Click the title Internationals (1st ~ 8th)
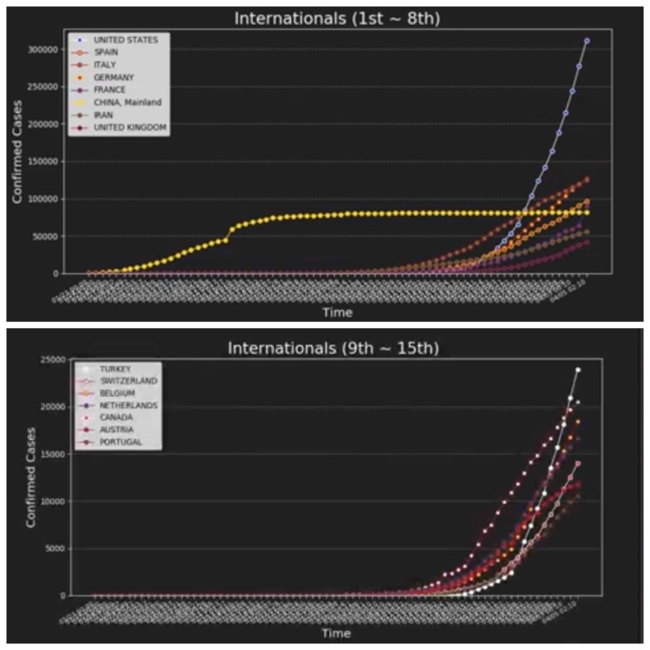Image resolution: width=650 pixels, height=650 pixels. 337,18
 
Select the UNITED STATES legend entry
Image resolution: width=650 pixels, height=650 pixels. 126,40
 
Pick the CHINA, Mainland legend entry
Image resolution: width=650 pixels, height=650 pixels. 128,102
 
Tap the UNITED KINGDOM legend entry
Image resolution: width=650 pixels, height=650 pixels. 130,128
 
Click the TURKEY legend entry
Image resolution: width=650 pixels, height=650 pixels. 115,369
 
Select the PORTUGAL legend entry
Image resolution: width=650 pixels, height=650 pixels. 121,442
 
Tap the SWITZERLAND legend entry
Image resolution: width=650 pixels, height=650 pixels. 128,381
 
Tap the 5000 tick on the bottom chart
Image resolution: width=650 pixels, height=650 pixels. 55,549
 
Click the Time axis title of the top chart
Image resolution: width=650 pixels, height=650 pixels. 337,312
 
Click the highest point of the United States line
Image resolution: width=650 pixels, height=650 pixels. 587,41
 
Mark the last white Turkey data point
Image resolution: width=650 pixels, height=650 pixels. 578,369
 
